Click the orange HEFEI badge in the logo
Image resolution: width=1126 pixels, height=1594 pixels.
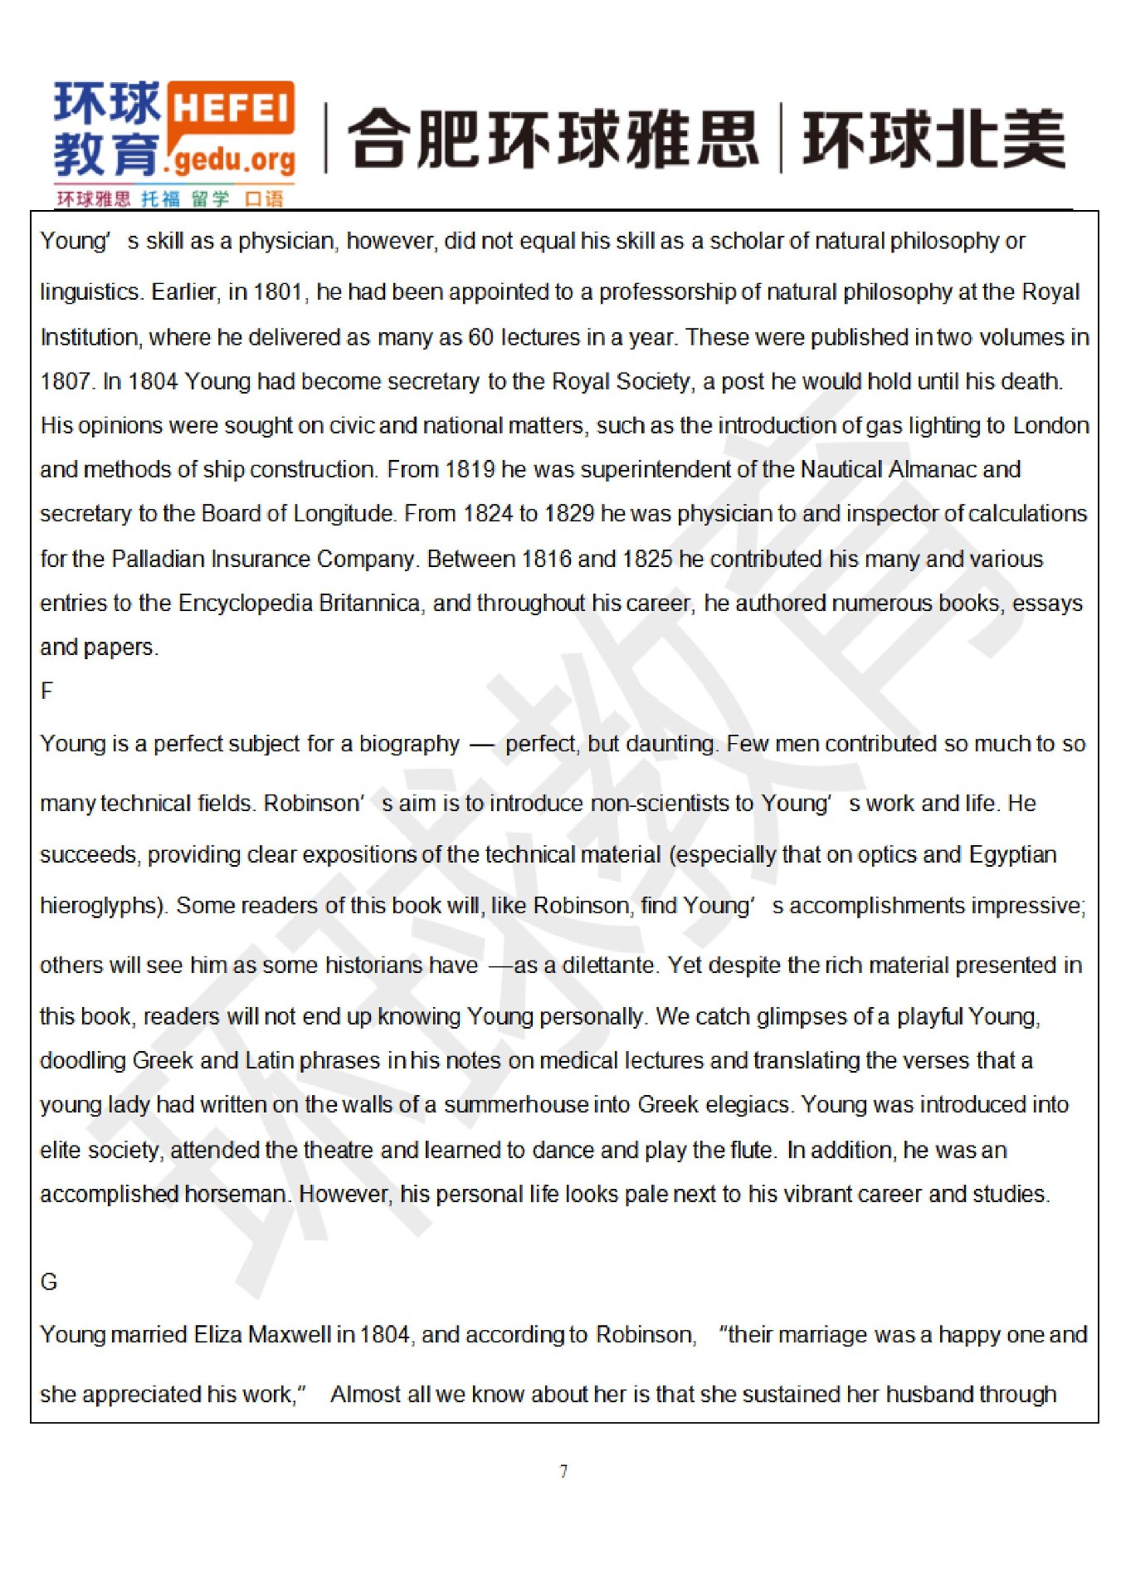pos(232,109)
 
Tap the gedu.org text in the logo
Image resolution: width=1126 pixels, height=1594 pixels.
pos(234,158)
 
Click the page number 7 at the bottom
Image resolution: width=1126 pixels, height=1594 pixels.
pos(563,1471)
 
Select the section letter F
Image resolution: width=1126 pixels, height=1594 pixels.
pos(46,691)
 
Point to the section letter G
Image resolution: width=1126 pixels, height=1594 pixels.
pos(49,1282)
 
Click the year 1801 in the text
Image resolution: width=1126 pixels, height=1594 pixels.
pos(279,292)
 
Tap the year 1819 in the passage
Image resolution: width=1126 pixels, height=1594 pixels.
pos(470,470)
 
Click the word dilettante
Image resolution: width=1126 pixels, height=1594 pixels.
pos(608,966)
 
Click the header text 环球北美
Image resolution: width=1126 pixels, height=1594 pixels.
pos(933,139)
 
